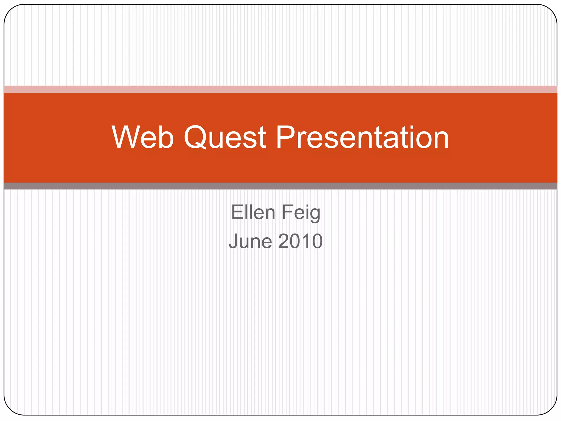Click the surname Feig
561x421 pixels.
pos(301,213)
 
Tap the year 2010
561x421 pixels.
pos(300,241)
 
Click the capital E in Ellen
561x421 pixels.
pos(237,212)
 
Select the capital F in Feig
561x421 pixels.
pos(287,212)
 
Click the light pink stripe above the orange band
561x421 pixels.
pos(280,89)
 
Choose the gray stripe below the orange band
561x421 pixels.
pos(280,186)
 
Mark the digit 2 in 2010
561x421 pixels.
pos(284,241)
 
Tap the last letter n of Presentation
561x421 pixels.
pos(439,140)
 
